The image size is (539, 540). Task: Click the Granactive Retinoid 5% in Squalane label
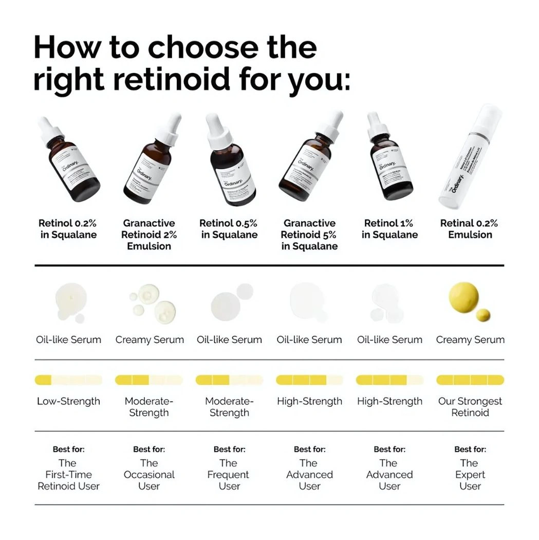[309, 235]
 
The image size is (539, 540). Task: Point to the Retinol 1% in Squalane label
[389, 229]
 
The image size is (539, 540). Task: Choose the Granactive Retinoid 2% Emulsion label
[149, 235]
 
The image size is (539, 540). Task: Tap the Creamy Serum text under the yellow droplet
[470, 340]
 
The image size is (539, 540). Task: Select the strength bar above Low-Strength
[68, 380]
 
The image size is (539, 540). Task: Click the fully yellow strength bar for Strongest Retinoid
[470, 380]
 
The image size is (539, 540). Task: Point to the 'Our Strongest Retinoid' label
[470, 407]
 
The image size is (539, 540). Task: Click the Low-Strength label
[68, 401]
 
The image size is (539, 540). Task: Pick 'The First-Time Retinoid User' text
[68, 475]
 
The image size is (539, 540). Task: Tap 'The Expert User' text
[470, 475]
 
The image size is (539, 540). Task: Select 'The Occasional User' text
[149, 475]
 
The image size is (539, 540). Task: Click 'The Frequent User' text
[229, 475]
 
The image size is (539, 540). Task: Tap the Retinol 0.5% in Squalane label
[229, 229]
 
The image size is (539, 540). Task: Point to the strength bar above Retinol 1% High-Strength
[389, 380]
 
